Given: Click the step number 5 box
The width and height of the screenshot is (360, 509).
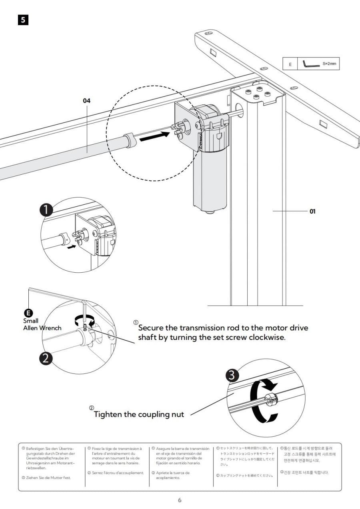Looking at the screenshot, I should [23, 20].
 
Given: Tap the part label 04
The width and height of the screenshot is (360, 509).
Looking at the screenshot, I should [87, 101].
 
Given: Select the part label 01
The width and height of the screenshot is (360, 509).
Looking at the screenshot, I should [312, 211].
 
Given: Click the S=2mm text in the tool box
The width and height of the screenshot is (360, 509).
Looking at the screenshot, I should [329, 64].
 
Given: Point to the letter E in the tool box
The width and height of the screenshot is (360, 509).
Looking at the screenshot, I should [290, 64].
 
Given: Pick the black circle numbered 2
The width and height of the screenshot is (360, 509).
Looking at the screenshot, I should [46, 358].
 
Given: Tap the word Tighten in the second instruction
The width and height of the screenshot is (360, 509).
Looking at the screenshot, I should [108, 414].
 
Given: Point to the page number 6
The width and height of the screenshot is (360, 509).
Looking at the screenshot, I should [180, 500].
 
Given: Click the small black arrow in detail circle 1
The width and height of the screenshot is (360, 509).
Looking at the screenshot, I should [71, 247].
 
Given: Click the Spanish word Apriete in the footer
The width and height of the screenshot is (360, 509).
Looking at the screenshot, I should [164, 473].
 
